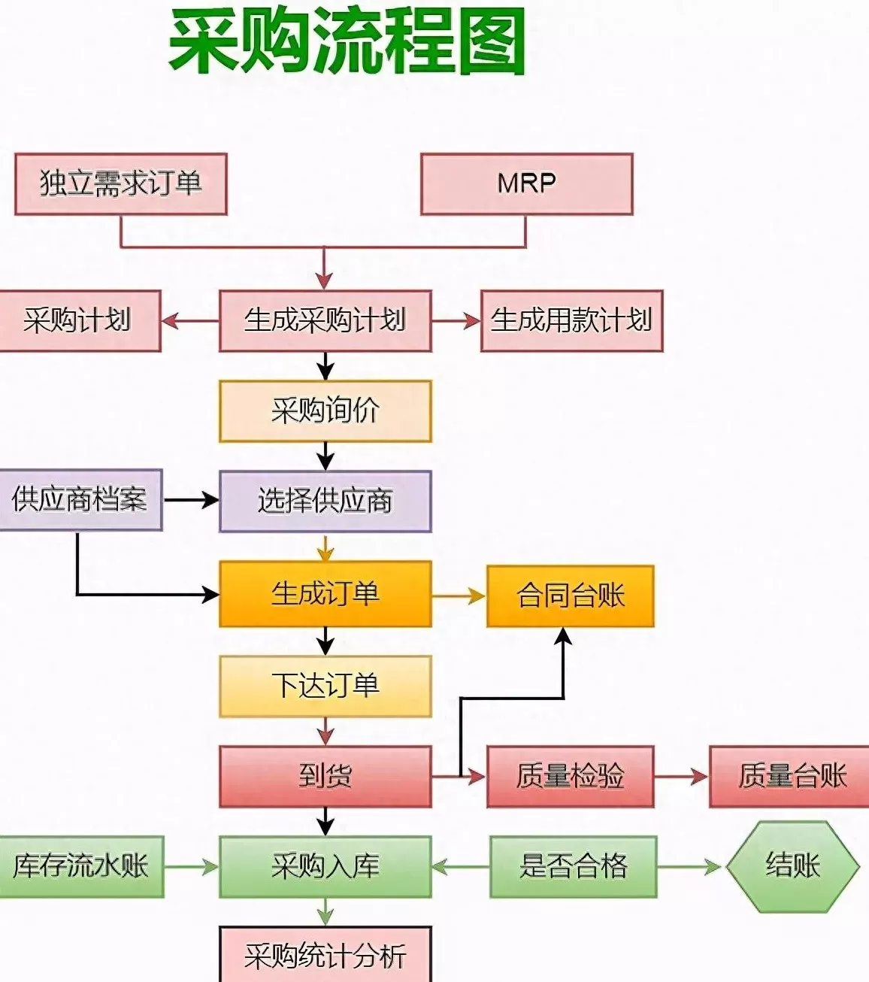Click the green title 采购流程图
[x=347, y=42]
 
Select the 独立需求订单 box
[x=121, y=184]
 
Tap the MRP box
[x=526, y=184]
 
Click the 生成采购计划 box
[x=325, y=321]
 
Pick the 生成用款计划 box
[x=571, y=321]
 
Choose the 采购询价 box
[x=325, y=411]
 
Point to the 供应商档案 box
[x=80, y=500]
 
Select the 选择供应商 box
[x=325, y=502]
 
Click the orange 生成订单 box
[x=325, y=594]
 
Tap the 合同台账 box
[x=570, y=596]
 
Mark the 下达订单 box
[x=325, y=686]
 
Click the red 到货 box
[x=325, y=777]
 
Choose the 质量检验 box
[x=570, y=777]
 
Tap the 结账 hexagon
[x=792, y=866]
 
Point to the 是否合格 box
[x=573, y=867]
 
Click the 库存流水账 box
[x=80, y=867]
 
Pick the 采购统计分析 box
[x=325, y=955]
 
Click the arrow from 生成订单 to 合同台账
[x=459, y=596]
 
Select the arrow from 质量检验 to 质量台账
[x=681, y=777]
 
